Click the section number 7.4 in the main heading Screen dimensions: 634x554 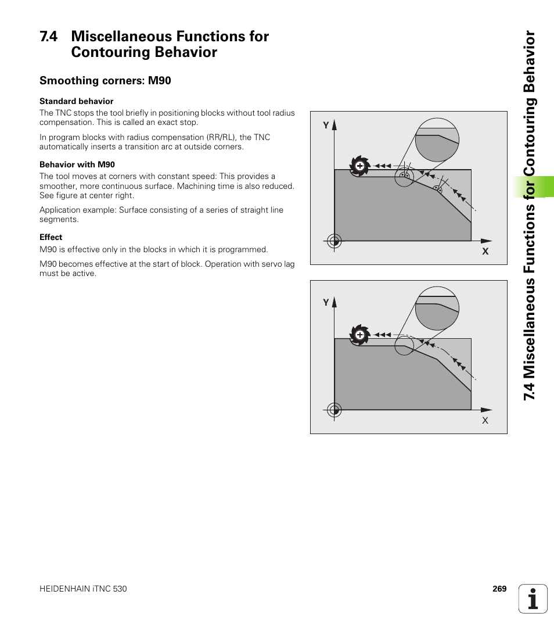(49, 37)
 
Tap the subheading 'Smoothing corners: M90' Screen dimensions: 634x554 (105, 81)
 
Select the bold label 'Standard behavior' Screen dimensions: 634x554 (76, 101)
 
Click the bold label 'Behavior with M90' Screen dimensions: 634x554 (77, 164)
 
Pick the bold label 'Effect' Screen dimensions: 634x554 (51, 237)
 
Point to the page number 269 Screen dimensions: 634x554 (499, 589)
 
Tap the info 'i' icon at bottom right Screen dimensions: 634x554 (533, 599)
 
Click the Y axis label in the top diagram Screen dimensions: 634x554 (326, 126)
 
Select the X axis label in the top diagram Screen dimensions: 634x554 (485, 251)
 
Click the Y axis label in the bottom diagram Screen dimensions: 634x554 (326, 303)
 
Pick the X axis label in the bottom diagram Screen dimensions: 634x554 (485, 420)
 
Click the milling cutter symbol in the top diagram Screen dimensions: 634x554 (359, 166)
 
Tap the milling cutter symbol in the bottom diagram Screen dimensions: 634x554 (359, 335)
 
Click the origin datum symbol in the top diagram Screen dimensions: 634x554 (334, 241)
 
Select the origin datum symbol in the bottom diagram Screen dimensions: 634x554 (334, 410)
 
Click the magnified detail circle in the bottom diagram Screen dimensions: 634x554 (438, 309)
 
